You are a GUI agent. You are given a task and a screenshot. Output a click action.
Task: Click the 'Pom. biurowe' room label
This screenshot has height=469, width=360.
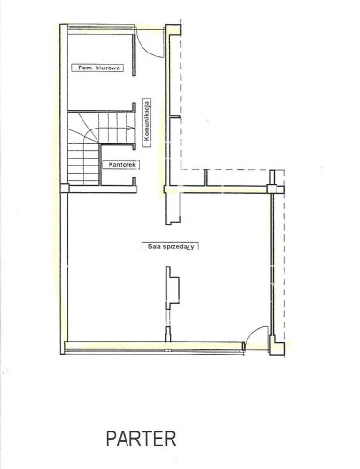point(97,68)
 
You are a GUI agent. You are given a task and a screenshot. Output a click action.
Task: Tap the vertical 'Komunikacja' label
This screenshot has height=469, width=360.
point(146,123)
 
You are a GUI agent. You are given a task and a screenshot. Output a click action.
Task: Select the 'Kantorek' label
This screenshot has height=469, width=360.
point(121,165)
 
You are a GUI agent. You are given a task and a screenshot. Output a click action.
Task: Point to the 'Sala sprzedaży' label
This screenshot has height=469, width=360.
point(170,246)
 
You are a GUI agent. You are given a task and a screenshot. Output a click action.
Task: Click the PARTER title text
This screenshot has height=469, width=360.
point(142,438)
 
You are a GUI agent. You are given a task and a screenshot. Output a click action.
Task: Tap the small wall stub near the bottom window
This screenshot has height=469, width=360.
point(168,334)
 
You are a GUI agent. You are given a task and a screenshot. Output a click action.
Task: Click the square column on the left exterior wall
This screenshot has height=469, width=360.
point(65,189)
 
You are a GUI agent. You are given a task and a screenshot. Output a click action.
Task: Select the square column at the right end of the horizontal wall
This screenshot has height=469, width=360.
point(272,189)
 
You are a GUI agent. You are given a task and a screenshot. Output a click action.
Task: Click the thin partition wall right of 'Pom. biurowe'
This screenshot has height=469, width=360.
point(134,54)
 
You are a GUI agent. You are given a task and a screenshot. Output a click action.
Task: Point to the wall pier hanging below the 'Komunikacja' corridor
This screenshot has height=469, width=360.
point(172,209)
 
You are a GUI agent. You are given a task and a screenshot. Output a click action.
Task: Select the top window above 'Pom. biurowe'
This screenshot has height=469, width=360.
point(99,29)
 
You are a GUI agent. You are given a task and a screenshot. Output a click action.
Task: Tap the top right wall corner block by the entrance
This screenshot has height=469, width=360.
point(173,30)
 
